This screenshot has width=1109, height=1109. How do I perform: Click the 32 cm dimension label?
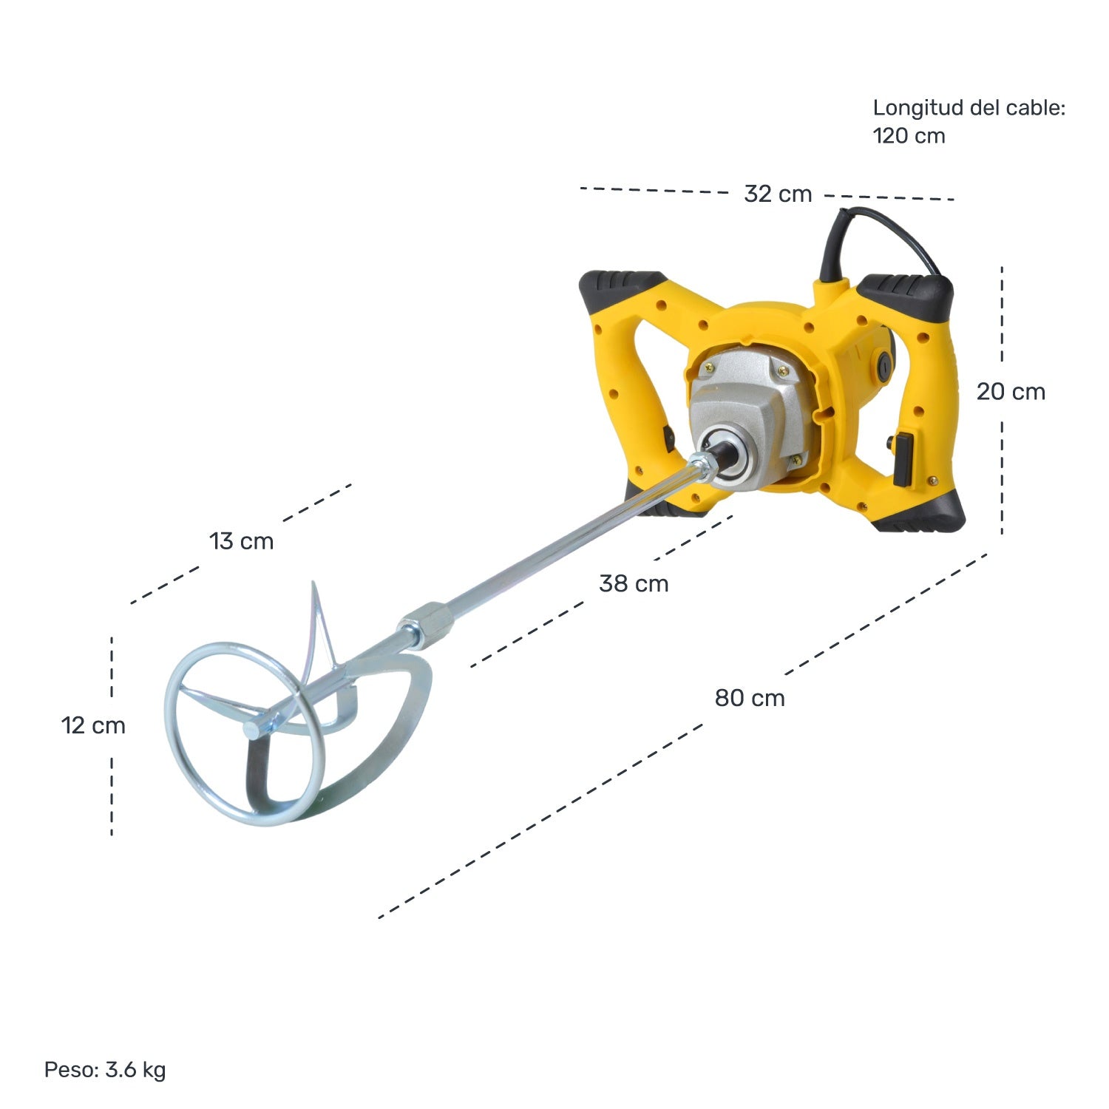point(778,194)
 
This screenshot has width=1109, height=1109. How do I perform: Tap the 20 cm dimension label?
point(1011,392)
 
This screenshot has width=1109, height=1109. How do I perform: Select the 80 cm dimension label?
point(750,698)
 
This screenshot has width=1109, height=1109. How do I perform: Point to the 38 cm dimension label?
point(634,583)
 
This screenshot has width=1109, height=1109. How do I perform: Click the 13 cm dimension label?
point(242,541)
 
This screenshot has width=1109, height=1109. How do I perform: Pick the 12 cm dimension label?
point(93,725)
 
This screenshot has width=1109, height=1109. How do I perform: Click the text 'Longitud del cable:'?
point(969,108)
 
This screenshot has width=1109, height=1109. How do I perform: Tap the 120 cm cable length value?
point(909,136)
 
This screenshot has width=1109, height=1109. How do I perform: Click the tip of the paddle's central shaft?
point(252,730)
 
